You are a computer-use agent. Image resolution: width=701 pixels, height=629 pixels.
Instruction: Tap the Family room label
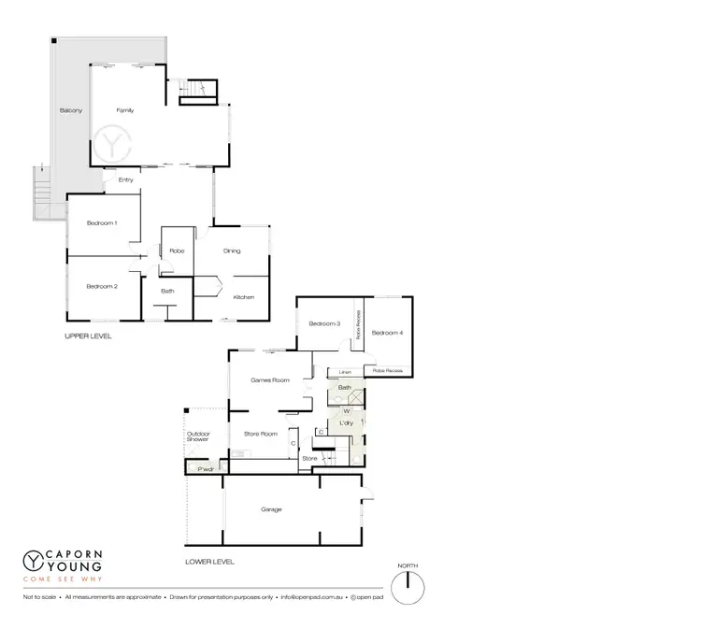(x=125, y=110)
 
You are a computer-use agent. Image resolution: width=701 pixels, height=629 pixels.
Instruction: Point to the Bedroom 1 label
(x=102, y=222)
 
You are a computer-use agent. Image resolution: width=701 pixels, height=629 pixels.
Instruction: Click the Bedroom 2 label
(x=102, y=286)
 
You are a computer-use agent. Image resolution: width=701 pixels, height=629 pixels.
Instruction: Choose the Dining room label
(x=232, y=250)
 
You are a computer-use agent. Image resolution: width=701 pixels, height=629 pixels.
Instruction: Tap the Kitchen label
(x=243, y=297)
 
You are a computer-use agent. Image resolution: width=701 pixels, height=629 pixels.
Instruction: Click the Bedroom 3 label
(x=325, y=323)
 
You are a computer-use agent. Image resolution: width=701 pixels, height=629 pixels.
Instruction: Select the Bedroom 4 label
(x=387, y=333)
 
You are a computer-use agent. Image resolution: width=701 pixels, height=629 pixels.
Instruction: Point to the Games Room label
(x=269, y=380)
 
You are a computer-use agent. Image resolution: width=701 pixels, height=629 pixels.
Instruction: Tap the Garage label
(x=271, y=509)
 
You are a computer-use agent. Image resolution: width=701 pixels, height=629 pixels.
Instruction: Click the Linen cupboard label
(x=345, y=371)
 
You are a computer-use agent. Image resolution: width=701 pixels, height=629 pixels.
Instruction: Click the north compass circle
(x=408, y=587)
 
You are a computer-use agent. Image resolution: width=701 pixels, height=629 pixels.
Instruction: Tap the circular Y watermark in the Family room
(x=113, y=146)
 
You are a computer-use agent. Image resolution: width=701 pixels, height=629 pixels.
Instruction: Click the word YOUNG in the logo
(x=69, y=565)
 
